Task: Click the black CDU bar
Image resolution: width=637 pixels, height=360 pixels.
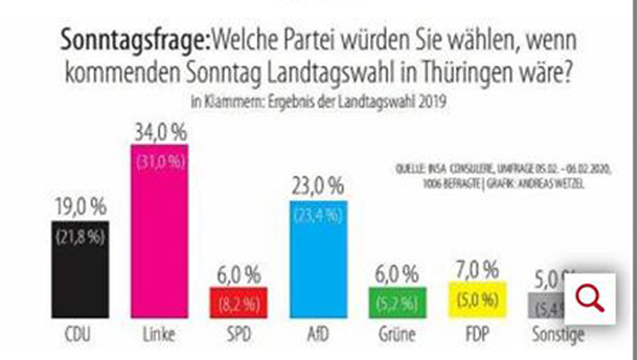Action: [x=80, y=269]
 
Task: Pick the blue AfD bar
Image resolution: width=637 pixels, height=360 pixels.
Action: [x=319, y=259]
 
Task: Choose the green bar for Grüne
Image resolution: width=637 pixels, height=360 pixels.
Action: [x=398, y=302]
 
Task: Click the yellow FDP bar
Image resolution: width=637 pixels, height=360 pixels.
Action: [x=478, y=299]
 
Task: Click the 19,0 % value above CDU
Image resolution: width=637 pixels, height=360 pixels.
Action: [x=80, y=207]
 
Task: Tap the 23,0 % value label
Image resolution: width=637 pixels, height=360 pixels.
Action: [x=319, y=187]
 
